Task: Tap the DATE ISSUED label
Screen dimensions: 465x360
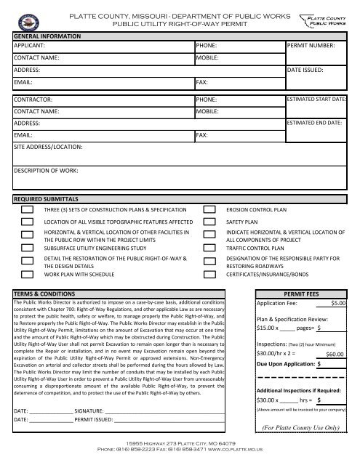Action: coord(305,70)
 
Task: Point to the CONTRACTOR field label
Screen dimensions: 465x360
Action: coord(33,97)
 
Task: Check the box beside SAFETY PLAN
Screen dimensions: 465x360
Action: coord(209,222)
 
